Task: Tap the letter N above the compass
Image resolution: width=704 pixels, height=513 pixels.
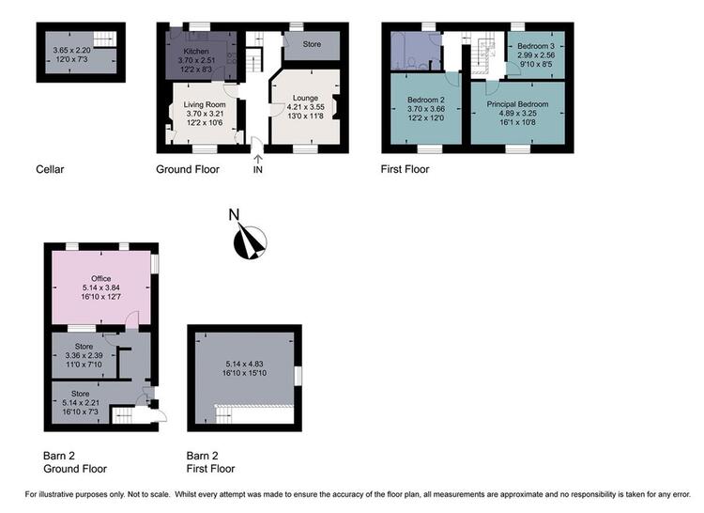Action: [x=234, y=215]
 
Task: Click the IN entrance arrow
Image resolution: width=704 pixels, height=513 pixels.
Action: [x=258, y=158]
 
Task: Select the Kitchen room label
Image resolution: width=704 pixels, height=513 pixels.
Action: [x=196, y=52]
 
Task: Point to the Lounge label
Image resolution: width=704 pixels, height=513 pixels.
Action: [x=305, y=98]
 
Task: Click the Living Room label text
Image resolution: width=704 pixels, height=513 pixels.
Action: [x=205, y=104]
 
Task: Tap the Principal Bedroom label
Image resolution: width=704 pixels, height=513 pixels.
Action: [x=517, y=104]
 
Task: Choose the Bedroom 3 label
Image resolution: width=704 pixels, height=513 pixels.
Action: [x=536, y=46]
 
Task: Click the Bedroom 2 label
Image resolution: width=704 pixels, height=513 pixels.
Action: [x=426, y=100]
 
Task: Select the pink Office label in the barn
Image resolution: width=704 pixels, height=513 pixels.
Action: [x=101, y=278]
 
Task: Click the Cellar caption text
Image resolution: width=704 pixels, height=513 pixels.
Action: [x=50, y=169]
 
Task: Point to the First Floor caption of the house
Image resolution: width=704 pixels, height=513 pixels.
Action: [x=405, y=169]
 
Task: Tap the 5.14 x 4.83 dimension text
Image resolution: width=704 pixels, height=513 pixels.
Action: [x=244, y=364]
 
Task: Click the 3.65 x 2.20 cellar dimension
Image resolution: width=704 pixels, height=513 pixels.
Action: [x=72, y=51]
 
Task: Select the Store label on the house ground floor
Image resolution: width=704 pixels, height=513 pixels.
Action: [x=312, y=44]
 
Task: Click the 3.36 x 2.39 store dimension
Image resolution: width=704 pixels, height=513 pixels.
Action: [x=84, y=355]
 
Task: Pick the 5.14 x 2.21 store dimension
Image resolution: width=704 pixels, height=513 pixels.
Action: [x=81, y=402]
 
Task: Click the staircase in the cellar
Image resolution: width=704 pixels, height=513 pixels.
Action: [x=105, y=39]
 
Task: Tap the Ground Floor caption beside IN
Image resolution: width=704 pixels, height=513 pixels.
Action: [x=188, y=169]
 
